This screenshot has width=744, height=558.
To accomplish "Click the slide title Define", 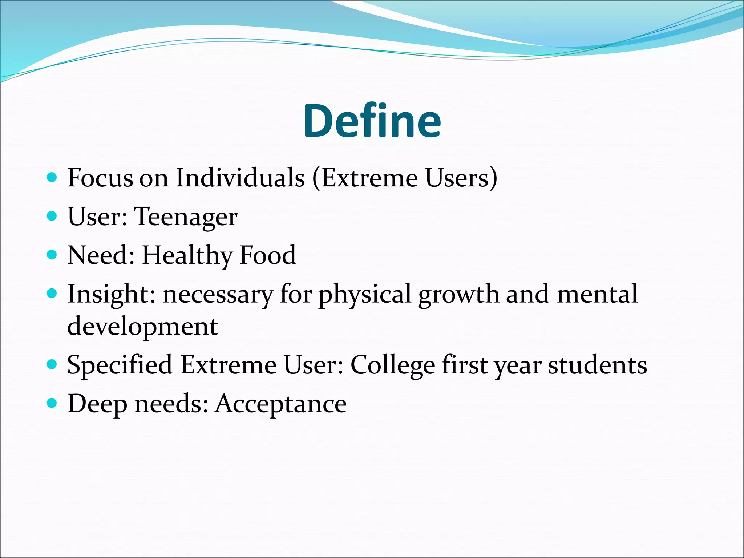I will (x=372, y=121).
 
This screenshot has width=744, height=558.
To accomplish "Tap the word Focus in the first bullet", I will (x=100, y=178).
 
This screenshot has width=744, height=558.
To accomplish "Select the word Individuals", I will (x=240, y=178).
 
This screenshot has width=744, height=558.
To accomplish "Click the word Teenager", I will (x=186, y=217).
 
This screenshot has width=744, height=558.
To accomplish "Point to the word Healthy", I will (x=187, y=256).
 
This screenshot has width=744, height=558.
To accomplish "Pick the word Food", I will (x=268, y=255).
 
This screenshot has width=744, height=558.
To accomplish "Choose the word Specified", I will (x=120, y=365).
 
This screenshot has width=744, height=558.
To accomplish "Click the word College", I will (x=392, y=365).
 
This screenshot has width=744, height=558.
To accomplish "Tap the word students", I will (x=597, y=365).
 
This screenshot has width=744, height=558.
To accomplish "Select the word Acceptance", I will (x=280, y=404).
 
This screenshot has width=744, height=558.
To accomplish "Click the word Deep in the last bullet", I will (x=97, y=404).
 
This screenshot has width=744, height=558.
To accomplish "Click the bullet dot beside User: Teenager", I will (x=52, y=216).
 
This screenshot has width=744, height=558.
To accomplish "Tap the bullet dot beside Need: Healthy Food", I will (x=52, y=255).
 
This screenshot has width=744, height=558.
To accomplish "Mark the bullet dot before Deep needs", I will (x=52, y=403).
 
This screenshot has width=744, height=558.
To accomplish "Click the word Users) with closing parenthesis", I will (x=461, y=178).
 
